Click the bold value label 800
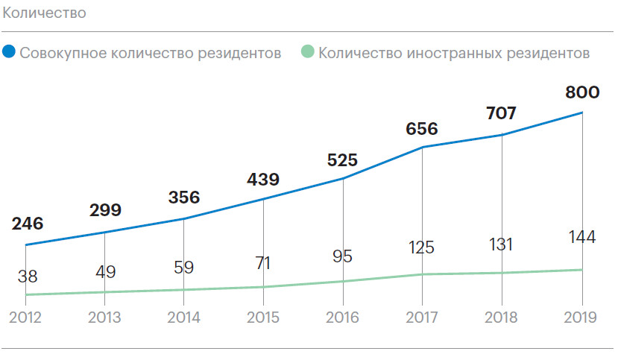click(x=582, y=92)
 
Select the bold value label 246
click(x=28, y=223)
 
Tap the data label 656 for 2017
click(x=422, y=129)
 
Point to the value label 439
click(x=263, y=180)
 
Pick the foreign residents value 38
click(x=27, y=275)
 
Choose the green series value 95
click(x=343, y=257)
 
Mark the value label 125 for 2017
click(x=422, y=247)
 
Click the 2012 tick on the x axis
click(x=26, y=318)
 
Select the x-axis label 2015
click(x=263, y=318)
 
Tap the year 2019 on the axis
click(x=581, y=318)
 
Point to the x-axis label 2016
click(x=343, y=318)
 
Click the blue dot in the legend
click(x=9, y=53)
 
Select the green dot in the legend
click(x=306, y=53)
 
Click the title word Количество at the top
click(x=44, y=13)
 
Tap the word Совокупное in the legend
click(x=60, y=54)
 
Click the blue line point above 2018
click(x=502, y=135)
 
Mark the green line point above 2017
click(x=423, y=274)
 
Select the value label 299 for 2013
click(x=105, y=210)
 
